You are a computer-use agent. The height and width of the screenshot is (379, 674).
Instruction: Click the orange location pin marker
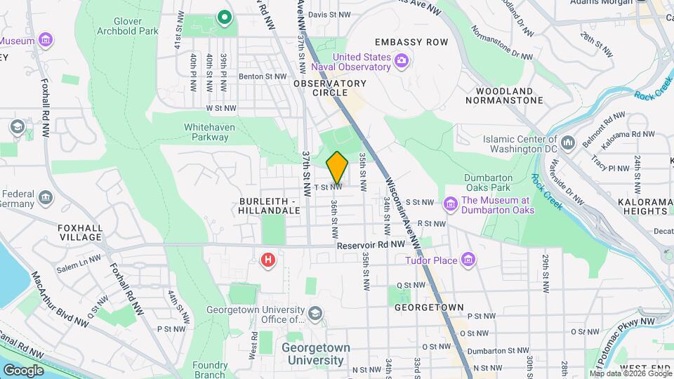click(x=337, y=168)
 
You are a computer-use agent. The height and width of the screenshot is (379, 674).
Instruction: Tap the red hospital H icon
click(x=267, y=260)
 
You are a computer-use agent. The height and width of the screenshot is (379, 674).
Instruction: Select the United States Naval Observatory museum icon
click(x=402, y=62)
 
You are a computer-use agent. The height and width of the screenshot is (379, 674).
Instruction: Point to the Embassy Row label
click(x=411, y=42)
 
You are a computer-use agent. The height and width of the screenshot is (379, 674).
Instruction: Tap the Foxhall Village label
click(x=80, y=232)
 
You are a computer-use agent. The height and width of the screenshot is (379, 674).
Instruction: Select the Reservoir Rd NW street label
click(x=371, y=244)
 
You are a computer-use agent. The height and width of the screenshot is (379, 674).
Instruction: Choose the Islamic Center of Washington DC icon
click(x=568, y=143)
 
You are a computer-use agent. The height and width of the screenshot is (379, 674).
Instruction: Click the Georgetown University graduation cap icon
click(x=316, y=312)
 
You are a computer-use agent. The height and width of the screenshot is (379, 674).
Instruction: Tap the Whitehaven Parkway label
click(x=209, y=132)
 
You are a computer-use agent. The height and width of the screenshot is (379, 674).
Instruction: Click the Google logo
click(x=23, y=370)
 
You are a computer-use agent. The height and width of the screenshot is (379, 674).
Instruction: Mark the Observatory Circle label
click(x=330, y=88)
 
